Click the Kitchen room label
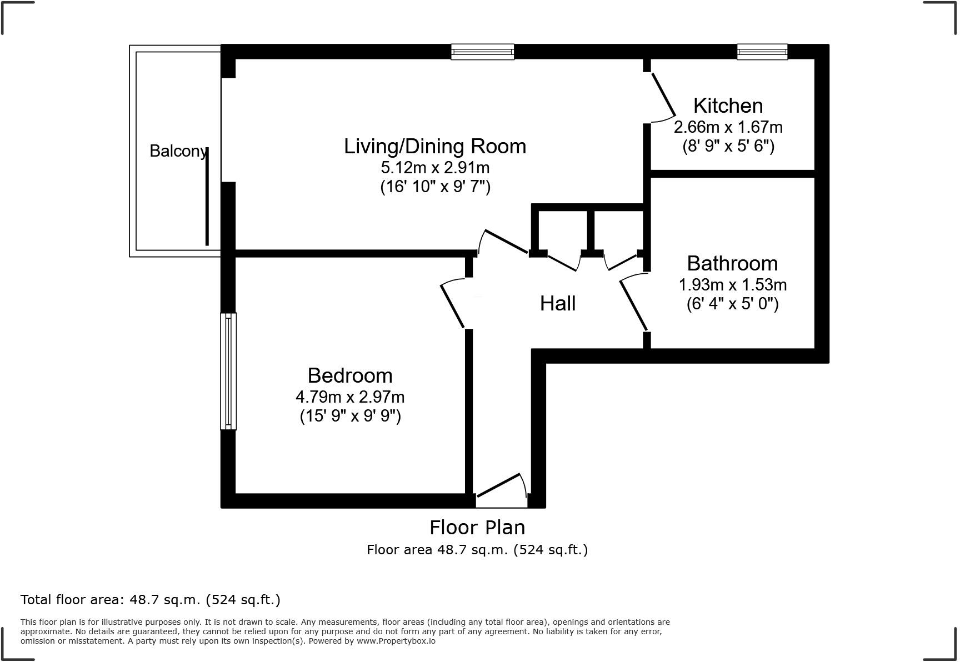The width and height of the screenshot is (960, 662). click(728, 106)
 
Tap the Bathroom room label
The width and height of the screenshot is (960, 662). click(732, 263)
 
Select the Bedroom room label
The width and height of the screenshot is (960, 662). click(350, 375)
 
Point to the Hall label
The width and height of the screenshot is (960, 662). click(558, 303)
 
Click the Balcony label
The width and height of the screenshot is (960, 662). click(178, 151)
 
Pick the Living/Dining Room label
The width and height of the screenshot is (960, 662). click(435, 146)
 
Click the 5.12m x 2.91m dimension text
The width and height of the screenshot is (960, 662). click(435, 167)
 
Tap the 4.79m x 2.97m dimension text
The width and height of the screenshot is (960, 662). click(350, 397)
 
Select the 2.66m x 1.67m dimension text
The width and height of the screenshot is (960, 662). click(728, 127)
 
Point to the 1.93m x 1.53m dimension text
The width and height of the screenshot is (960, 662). click(733, 285)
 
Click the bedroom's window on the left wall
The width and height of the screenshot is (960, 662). click(228, 371)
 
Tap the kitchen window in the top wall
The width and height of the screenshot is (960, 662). click(762, 52)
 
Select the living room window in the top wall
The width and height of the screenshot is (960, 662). click(482, 52)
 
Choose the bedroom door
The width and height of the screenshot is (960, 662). click(452, 305)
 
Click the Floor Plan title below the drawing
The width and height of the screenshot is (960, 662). click(477, 527)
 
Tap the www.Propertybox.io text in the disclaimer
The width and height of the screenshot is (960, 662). click(396, 641)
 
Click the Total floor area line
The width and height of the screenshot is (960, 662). click(151, 600)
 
